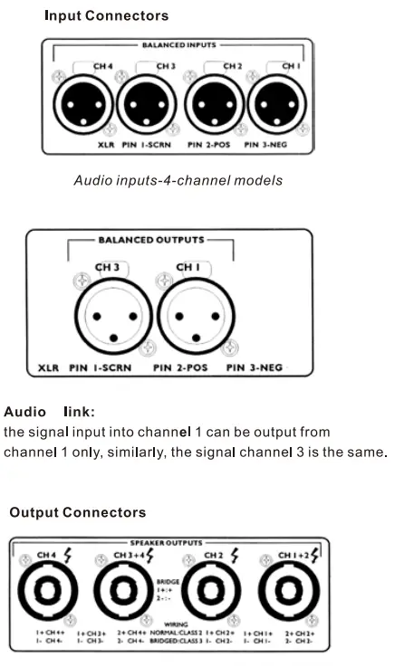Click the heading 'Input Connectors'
(106, 16)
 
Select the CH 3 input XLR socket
(145, 106)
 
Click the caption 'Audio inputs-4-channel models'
(178, 180)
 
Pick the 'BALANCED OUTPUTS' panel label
(151, 241)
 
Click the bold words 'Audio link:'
(49, 412)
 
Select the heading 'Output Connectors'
(78, 512)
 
